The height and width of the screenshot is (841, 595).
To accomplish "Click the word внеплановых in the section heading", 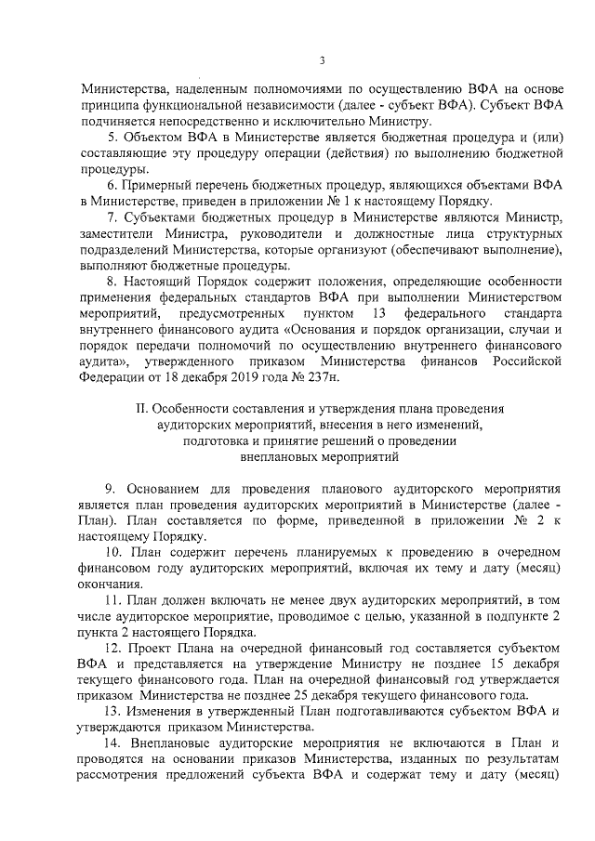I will pyautogui.click(x=270, y=456).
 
